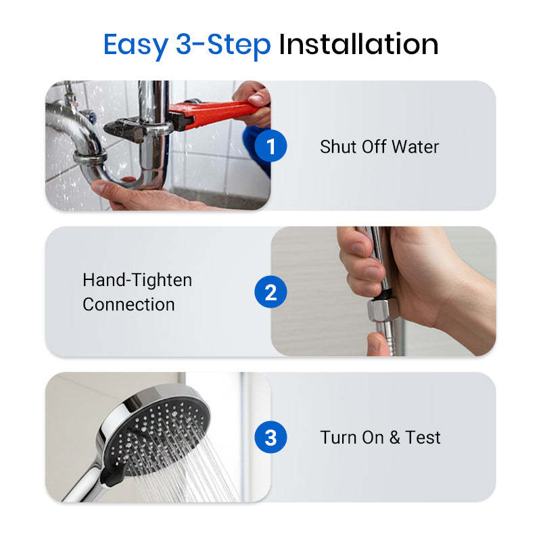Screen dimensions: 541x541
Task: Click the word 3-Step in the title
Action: click(x=224, y=45)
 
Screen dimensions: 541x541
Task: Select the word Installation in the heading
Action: click(x=358, y=45)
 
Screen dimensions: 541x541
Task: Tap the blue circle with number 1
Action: click(x=270, y=147)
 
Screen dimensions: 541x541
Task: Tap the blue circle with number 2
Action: click(x=270, y=292)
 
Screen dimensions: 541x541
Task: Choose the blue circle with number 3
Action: click(x=270, y=438)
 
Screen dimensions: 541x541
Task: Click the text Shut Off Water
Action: click(x=379, y=147)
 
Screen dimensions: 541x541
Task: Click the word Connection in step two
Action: click(x=128, y=304)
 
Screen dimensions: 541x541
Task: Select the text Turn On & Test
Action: click(x=380, y=438)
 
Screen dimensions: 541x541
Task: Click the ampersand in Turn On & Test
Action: click(x=394, y=438)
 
